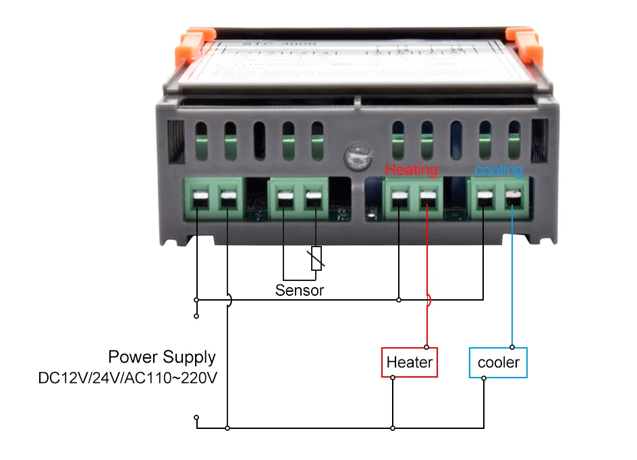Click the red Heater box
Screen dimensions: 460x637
(x=410, y=363)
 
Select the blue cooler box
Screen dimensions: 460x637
(x=499, y=363)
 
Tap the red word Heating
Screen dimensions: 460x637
(x=411, y=170)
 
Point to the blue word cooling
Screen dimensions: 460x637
(x=499, y=170)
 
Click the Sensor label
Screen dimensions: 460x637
(x=300, y=290)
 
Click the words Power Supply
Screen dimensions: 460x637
(x=162, y=357)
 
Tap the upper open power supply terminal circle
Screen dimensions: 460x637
(x=196, y=315)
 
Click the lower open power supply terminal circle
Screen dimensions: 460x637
(x=196, y=417)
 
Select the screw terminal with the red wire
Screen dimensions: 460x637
(x=427, y=199)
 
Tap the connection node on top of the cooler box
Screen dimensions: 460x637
(x=512, y=347)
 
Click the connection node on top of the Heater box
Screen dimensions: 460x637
(x=427, y=347)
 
